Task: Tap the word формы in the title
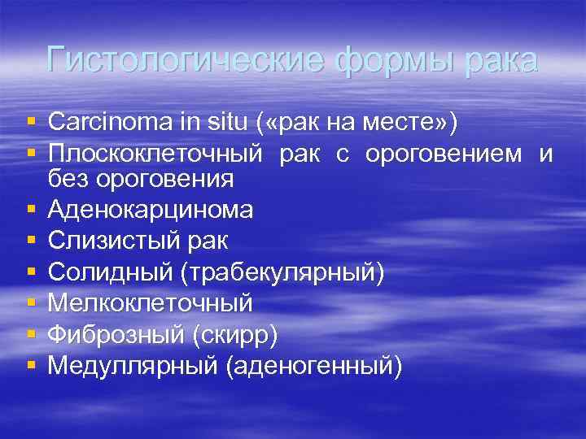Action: pos(386,61)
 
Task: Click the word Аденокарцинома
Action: pos(151,210)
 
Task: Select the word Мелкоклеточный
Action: pos(151,303)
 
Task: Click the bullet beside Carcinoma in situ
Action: pos(31,122)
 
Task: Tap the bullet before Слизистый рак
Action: pos(31,241)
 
